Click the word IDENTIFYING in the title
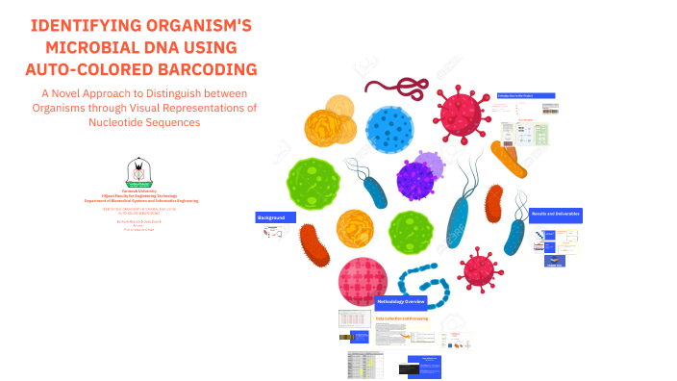tap(79, 26)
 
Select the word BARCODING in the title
tap(206, 68)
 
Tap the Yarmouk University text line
tap(140, 190)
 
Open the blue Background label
tap(270, 218)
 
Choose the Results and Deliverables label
tap(556, 215)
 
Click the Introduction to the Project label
tap(525, 97)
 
